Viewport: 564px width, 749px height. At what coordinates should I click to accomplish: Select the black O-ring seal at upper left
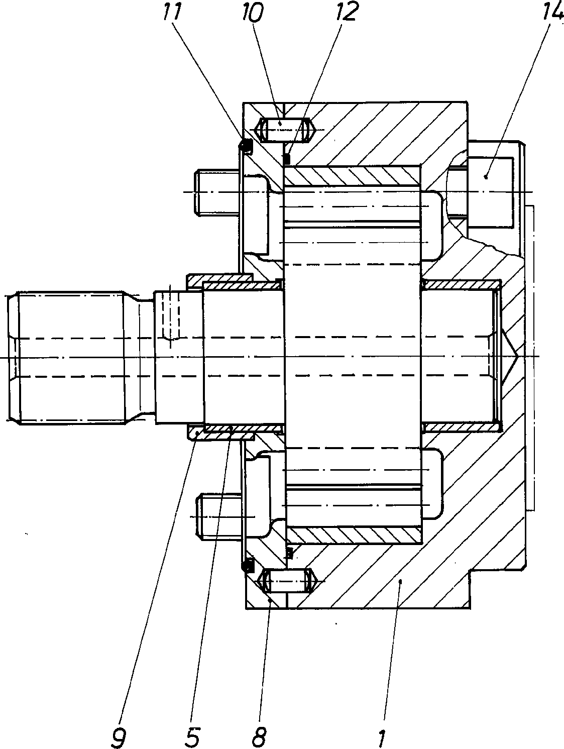point(246,146)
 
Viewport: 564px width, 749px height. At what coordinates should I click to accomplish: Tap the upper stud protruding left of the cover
point(218,193)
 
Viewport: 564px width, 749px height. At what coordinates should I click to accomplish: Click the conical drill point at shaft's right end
point(510,357)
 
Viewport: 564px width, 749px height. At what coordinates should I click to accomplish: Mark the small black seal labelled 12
point(287,158)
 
